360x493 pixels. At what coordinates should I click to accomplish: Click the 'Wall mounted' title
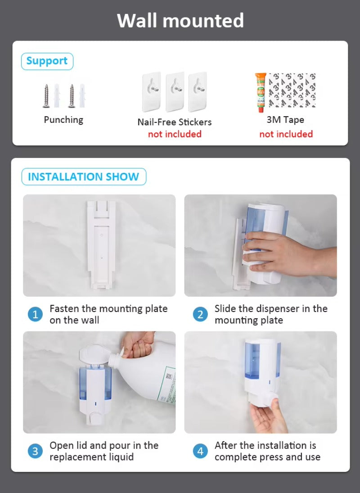[180, 21]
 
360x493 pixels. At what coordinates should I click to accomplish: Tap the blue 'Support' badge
[47, 61]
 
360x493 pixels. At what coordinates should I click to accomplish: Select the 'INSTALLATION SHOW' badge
[84, 176]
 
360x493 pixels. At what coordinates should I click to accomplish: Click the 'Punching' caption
[63, 120]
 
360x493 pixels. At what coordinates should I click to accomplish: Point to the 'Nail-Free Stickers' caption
[175, 122]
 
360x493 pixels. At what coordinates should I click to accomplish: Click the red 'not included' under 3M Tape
[286, 134]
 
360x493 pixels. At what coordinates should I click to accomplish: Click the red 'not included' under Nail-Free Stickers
[175, 134]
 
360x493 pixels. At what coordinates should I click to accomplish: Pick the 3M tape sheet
[292, 90]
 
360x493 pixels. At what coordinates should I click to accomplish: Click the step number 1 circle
[36, 314]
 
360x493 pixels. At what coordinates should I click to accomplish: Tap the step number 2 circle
[201, 314]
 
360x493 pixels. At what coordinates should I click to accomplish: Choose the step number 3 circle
[36, 451]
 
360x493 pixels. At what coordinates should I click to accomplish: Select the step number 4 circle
[201, 451]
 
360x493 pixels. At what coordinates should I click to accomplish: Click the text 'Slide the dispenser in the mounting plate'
[271, 314]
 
